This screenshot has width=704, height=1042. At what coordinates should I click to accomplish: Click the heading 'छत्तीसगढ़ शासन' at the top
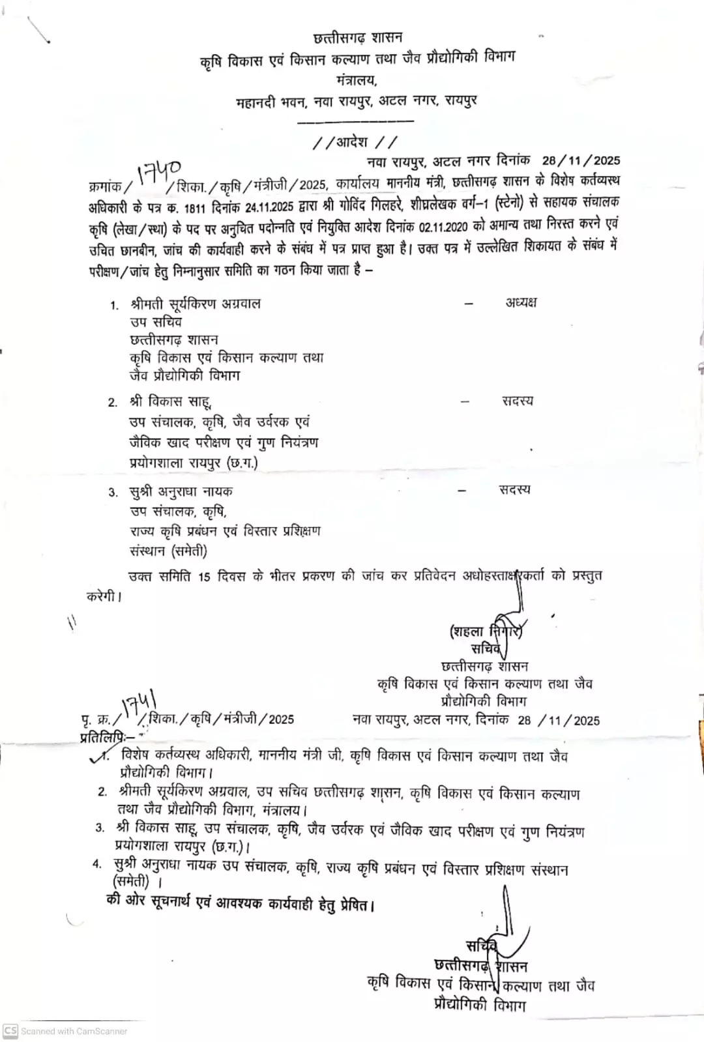point(358,37)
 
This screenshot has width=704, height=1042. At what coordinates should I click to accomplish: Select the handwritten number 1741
point(139,705)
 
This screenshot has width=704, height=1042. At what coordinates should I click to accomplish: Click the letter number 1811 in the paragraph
point(194,209)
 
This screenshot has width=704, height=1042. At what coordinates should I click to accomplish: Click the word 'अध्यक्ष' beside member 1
point(521,302)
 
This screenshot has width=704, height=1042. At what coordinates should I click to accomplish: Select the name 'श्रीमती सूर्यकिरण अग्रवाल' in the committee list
point(195,304)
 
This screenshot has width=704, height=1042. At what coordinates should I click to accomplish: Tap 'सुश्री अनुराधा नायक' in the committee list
point(181,491)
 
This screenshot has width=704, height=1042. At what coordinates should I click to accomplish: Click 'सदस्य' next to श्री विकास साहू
point(518,401)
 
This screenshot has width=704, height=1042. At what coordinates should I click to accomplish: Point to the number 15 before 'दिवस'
point(204,577)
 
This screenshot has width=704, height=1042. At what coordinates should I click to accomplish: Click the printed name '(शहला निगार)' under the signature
point(486,631)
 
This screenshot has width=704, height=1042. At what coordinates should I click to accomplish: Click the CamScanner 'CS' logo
point(10,1030)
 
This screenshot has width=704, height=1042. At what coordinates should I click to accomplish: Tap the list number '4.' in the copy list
point(97,864)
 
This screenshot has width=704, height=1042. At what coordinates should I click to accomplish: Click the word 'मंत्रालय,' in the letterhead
point(357,81)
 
